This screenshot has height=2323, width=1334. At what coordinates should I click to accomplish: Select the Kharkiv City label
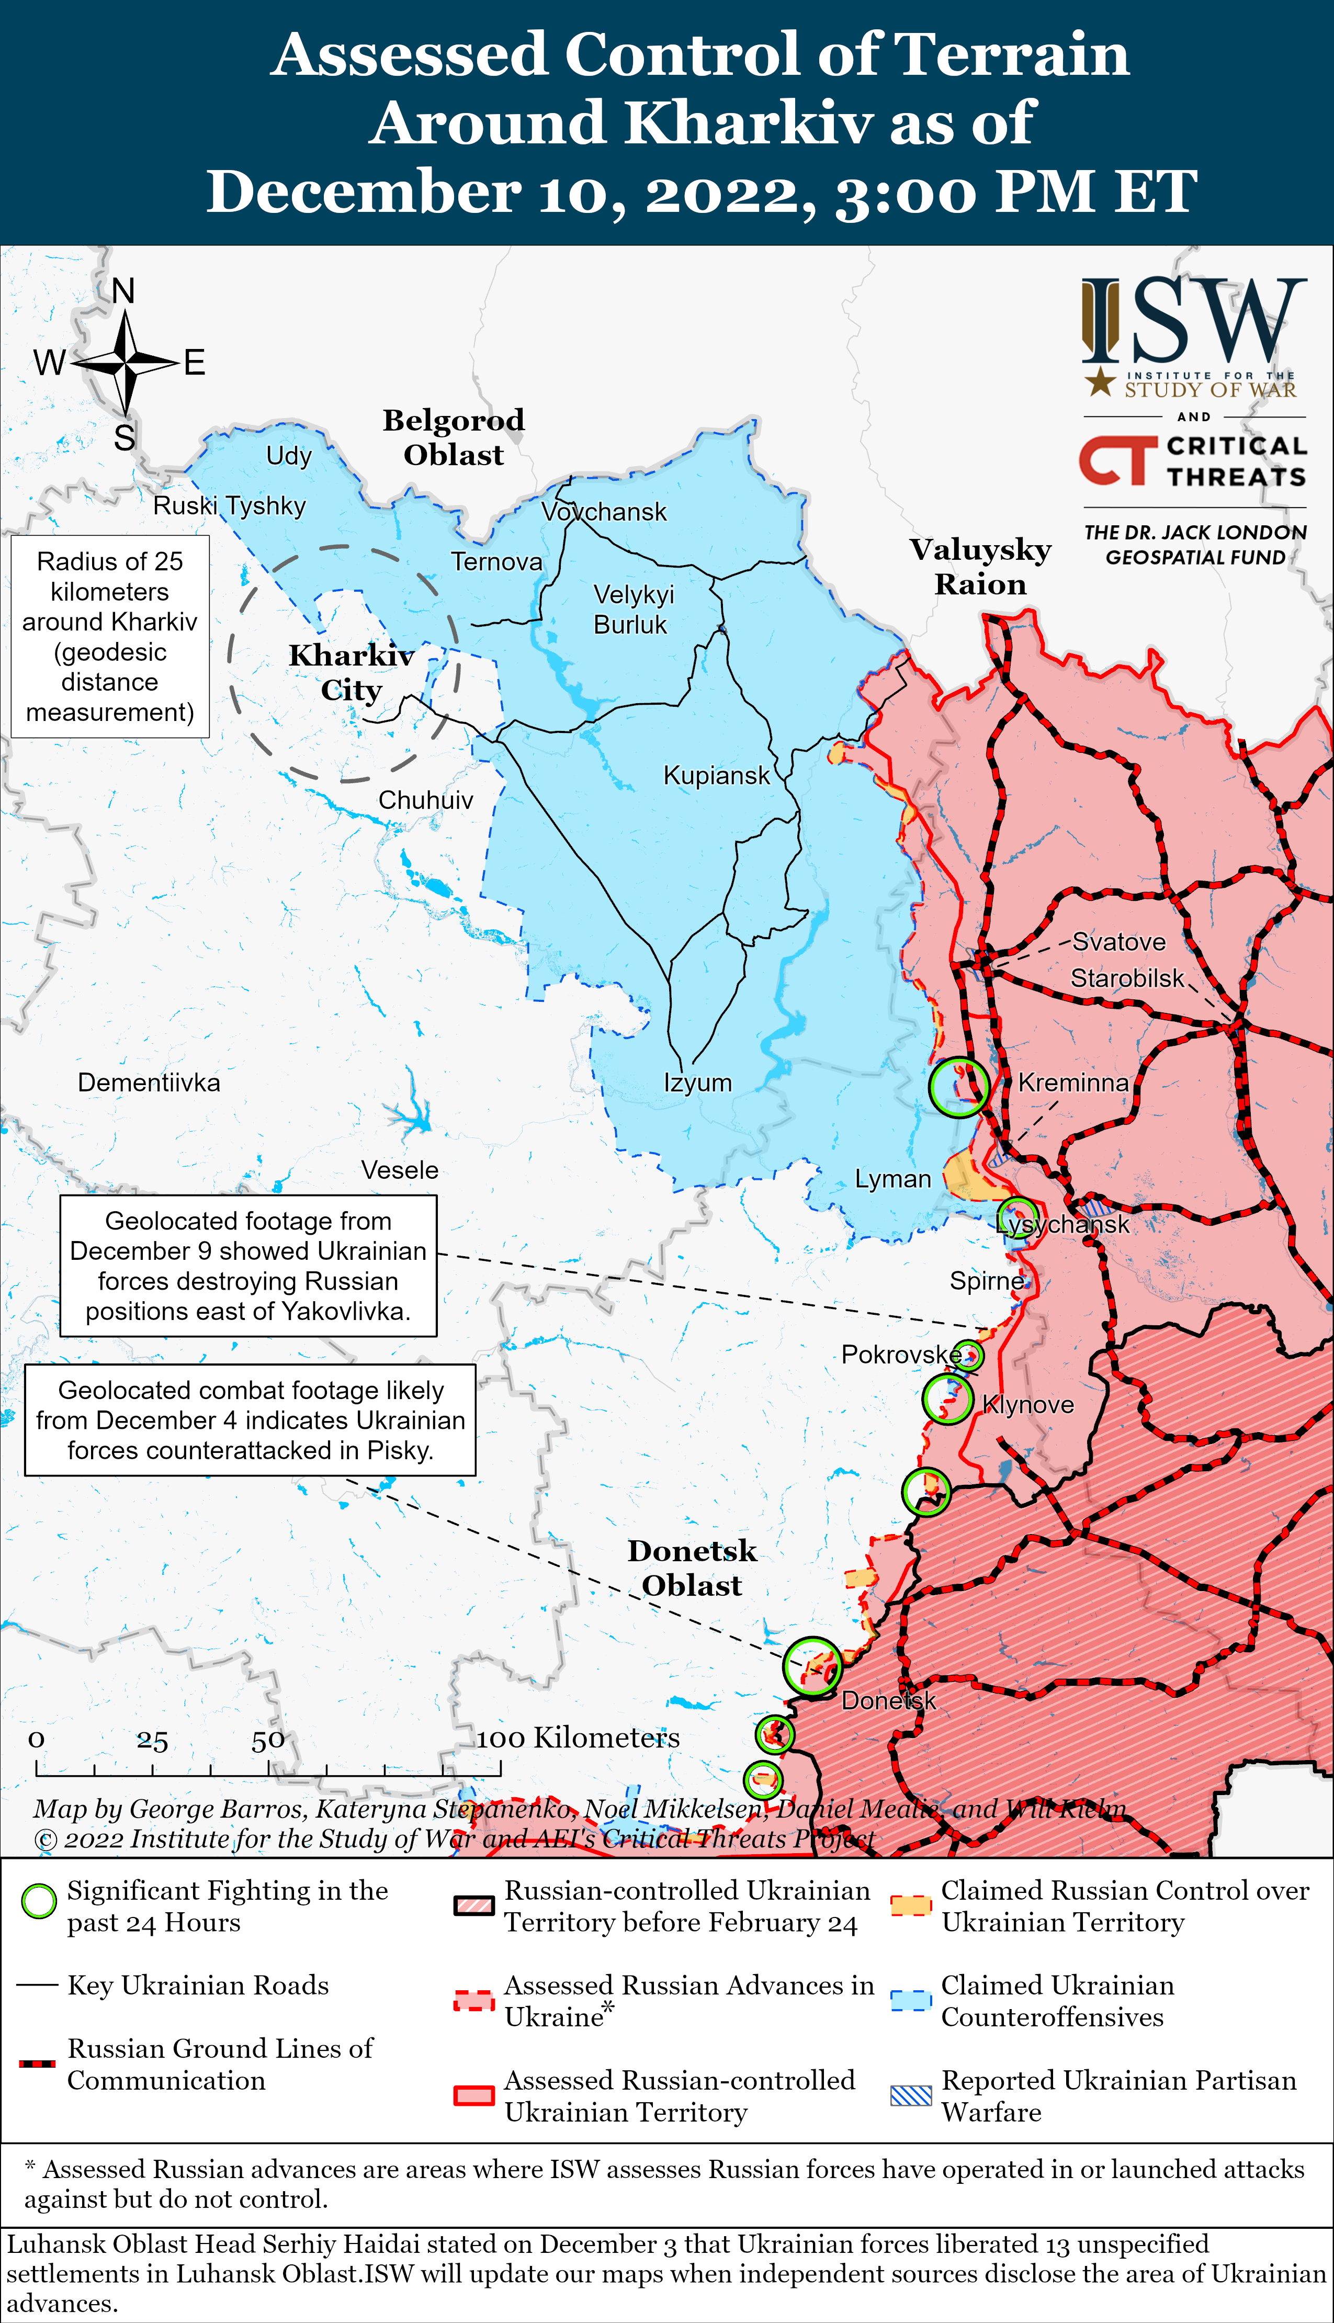click(x=351, y=672)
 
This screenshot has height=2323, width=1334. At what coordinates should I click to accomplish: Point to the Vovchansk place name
click(x=604, y=512)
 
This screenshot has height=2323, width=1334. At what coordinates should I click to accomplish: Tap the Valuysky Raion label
click(x=980, y=566)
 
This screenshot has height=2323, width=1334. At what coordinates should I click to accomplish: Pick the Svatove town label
click(x=1118, y=942)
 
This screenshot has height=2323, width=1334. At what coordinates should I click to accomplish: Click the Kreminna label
click(x=1073, y=1082)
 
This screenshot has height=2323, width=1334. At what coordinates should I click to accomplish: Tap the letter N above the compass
click(x=123, y=291)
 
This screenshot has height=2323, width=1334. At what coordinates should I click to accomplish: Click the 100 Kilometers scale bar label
click(x=578, y=1738)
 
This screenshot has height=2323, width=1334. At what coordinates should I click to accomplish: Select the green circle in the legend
click(x=39, y=1902)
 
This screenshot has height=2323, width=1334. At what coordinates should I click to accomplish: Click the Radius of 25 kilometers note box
click(x=110, y=637)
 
